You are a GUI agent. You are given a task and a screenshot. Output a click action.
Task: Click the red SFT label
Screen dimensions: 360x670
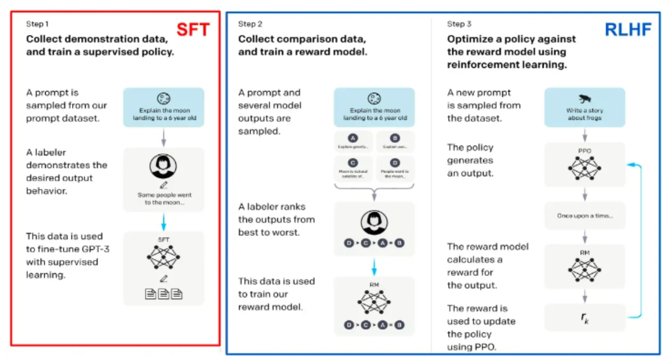click(x=193, y=30)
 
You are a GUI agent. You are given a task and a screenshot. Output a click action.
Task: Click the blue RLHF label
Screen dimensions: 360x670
click(x=628, y=30)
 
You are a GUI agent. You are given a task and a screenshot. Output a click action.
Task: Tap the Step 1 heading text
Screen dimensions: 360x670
click(x=37, y=24)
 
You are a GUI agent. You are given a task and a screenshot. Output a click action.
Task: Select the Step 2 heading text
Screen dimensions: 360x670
click(x=250, y=24)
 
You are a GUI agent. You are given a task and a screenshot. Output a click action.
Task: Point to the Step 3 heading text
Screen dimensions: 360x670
click(x=459, y=24)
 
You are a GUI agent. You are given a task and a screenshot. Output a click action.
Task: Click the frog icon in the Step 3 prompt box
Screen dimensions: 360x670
click(x=585, y=99)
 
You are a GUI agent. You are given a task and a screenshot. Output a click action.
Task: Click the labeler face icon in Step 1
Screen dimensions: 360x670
click(x=163, y=166)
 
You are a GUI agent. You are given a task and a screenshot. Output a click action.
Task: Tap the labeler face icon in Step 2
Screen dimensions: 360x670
click(x=374, y=222)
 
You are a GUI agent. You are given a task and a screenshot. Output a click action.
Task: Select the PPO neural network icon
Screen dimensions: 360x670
click(x=584, y=168)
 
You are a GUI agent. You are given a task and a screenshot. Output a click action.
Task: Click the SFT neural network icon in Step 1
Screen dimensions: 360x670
click(x=164, y=257)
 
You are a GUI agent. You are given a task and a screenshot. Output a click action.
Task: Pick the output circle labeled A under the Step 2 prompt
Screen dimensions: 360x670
click(x=353, y=138)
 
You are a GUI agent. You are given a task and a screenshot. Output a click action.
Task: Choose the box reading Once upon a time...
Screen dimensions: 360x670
click(x=585, y=216)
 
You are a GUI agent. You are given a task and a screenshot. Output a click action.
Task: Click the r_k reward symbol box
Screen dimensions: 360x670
click(x=584, y=318)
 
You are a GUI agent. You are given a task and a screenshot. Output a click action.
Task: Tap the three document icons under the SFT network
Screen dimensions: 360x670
click(x=164, y=294)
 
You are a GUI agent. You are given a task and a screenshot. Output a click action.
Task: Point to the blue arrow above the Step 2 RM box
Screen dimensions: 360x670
click(x=374, y=267)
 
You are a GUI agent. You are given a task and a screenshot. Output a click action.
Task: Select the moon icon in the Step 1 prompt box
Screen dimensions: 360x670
click(x=164, y=98)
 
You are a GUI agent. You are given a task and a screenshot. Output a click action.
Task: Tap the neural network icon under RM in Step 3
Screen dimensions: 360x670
click(x=584, y=270)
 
